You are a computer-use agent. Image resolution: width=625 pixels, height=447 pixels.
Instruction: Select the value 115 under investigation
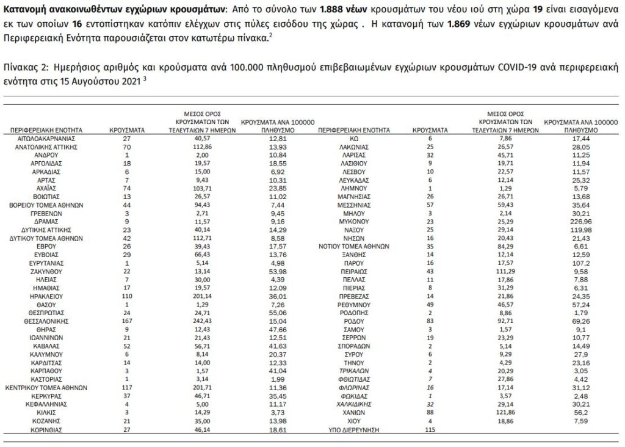[430, 431]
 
